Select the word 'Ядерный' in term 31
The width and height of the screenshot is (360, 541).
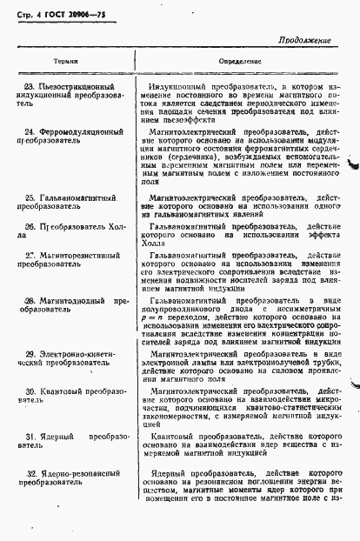click(x=57, y=436)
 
